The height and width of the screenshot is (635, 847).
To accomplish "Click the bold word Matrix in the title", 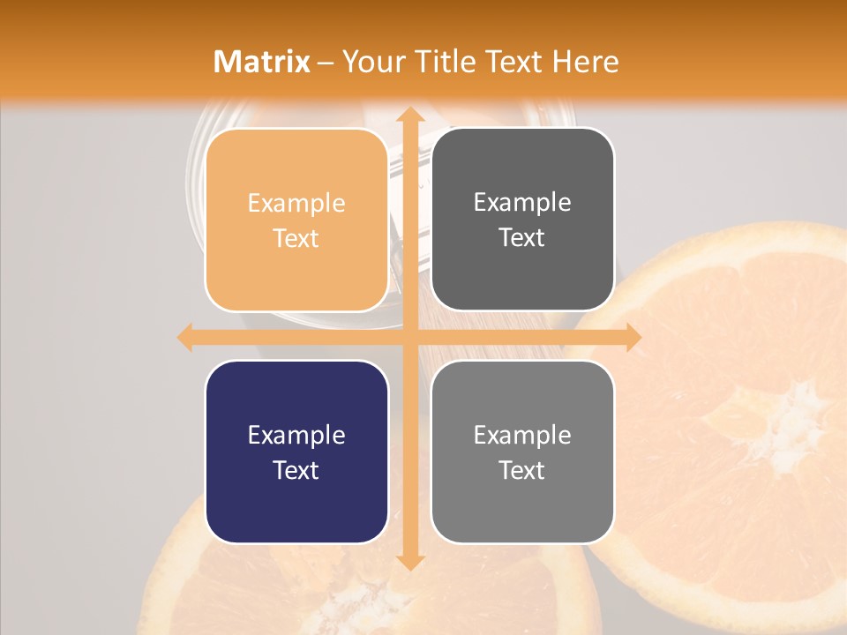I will pos(262,62).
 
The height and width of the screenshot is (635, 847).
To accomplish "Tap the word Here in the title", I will pos(585,62).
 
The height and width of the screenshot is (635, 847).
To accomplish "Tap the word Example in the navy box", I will pos(296,435).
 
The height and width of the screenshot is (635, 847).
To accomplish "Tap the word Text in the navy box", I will pos(296,470).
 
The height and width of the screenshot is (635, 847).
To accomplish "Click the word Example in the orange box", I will pos(296,203).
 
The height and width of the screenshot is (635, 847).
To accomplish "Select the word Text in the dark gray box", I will pos(522,237).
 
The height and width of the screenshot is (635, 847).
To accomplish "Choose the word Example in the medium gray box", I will pos(522,435).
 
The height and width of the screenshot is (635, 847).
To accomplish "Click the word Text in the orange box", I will pos(296,238).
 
